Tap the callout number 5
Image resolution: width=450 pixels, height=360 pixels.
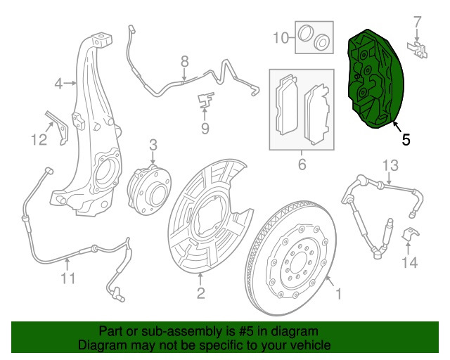406,140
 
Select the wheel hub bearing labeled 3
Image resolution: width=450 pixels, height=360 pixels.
149,190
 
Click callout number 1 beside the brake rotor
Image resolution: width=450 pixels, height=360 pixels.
339,295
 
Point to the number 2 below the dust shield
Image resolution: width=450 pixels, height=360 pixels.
200,293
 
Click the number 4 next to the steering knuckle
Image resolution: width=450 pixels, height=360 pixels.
58,84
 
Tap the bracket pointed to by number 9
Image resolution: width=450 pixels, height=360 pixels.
206,100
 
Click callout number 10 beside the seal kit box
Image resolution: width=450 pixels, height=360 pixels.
281,37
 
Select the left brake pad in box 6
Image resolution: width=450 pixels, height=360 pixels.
287,105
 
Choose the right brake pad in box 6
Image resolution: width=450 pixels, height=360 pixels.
317,115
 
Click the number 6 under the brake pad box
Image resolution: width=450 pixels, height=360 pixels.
302,165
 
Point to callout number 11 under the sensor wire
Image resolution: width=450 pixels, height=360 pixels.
68,278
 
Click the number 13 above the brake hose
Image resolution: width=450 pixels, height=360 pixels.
390,166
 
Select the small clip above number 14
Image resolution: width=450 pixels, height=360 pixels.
410,234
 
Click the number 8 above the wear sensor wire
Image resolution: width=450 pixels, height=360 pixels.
185,62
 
